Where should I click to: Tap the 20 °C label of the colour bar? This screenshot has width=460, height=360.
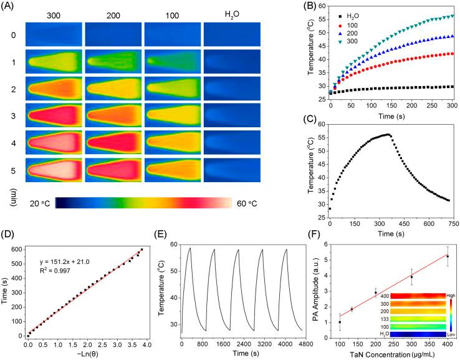coord(39,203)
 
